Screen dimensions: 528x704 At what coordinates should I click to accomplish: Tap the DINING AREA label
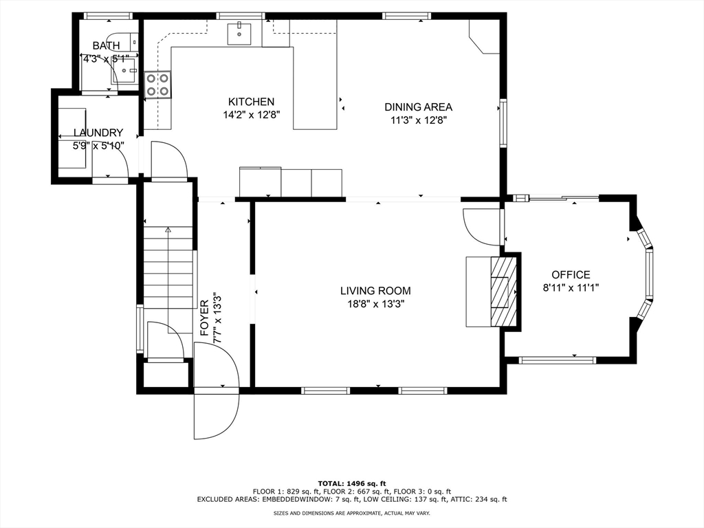tap(418, 107)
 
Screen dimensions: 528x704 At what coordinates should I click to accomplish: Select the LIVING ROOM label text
tap(375, 291)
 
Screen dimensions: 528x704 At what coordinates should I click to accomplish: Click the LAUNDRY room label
tap(98, 133)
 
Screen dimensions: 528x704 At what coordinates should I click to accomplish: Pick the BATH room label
tap(106, 46)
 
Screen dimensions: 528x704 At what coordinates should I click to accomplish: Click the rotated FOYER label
tap(205, 318)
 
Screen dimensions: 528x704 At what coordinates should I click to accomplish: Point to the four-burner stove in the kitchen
tap(158, 85)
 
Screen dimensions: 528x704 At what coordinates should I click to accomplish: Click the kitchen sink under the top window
tap(240, 32)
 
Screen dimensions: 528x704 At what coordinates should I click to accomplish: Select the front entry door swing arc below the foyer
tap(216, 412)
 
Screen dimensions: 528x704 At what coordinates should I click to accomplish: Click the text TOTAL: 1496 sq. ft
tap(351, 483)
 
